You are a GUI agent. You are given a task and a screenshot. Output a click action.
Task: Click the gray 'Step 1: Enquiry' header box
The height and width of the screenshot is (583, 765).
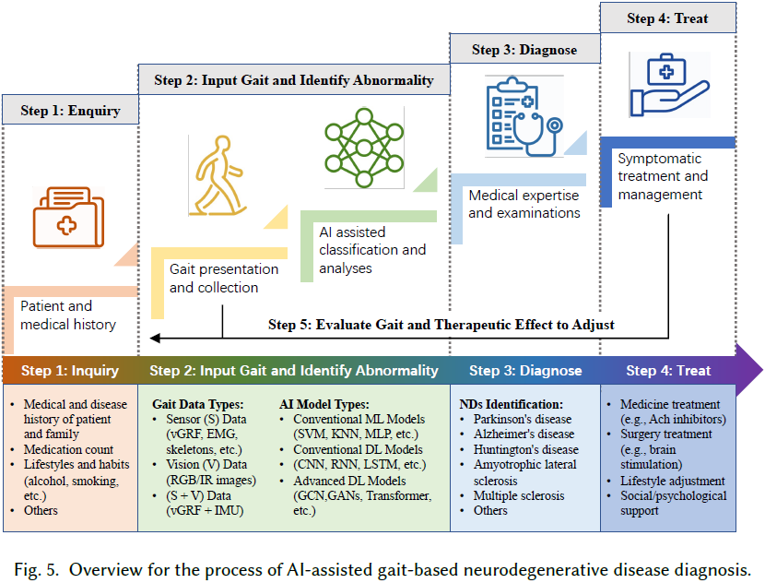[71, 111]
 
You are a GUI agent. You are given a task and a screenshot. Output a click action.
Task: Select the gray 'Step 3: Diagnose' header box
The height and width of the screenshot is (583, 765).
[524, 50]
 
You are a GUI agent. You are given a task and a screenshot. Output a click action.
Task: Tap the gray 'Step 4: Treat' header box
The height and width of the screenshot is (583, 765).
[668, 18]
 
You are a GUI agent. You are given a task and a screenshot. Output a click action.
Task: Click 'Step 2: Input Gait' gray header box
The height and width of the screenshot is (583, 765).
[293, 80]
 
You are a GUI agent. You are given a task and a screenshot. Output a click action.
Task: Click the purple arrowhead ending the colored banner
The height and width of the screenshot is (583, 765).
[749, 371]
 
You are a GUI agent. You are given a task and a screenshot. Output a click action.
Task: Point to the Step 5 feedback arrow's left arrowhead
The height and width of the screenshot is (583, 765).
[156, 338]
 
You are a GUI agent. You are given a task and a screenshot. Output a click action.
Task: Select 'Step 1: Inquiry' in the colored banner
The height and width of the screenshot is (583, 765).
[70, 371]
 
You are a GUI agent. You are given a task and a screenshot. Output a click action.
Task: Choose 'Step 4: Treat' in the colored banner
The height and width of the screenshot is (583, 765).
[668, 371]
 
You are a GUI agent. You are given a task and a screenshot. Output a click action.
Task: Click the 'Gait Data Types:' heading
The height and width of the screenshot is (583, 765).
[197, 404]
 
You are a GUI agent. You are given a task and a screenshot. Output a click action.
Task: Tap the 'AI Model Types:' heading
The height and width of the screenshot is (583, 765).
[324, 404]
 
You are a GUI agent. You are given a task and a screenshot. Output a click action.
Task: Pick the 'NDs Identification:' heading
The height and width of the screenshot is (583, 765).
[511, 404]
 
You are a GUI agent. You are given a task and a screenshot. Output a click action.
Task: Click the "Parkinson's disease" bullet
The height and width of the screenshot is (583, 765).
[522, 419]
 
